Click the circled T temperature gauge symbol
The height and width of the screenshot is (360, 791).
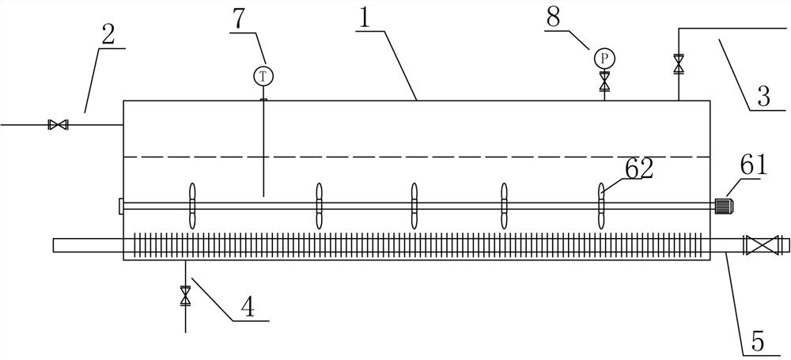pyautogui.click(x=263, y=76)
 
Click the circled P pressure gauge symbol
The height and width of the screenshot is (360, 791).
pyautogui.click(x=604, y=58)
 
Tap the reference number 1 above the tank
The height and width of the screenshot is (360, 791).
pyautogui.click(x=364, y=19)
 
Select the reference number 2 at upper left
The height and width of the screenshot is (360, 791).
pyautogui.click(x=109, y=34)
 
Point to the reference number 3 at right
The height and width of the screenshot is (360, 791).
pyautogui.click(x=763, y=97)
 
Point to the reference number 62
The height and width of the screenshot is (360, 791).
pyautogui.click(x=638, y=169)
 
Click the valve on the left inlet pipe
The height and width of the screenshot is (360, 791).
pyautogui.click(x=57, y=124)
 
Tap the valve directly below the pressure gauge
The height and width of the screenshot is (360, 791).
pyautogui.click(x=605, y=80)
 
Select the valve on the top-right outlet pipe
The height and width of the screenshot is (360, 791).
pyautogui.click(x=678, y=63)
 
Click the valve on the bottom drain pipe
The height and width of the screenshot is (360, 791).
pyautogui.click(x=185, y=296)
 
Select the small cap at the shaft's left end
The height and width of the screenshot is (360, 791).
pyautogui.click(x=121, y=206)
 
